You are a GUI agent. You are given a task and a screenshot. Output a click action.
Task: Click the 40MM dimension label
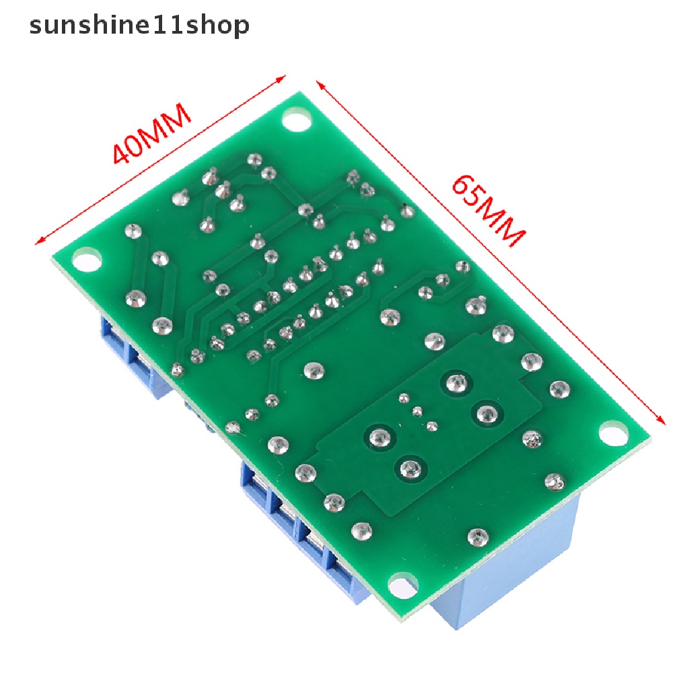pyautogui.click(x=151, y=134)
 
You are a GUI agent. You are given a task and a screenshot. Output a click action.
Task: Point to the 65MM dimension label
pyautogui.click(x=488, y=211)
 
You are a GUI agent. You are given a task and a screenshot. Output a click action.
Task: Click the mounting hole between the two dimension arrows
pyautogui.click(x=294, y=122)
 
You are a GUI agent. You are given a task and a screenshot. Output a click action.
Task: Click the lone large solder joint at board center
pyautogui.click(x=311, y=369)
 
